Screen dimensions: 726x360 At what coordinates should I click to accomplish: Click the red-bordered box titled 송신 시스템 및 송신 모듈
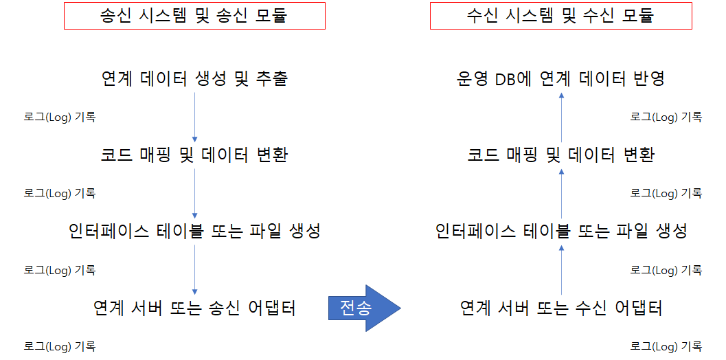[x=194, y=16]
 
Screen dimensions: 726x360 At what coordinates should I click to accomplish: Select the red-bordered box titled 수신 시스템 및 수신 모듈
[x=560, y=16]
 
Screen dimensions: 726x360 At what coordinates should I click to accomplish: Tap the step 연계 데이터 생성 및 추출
[x=194, y=78]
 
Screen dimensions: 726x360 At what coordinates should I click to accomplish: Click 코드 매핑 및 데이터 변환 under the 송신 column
[x=194, y=155]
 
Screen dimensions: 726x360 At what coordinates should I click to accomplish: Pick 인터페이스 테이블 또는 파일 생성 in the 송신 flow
[x=194, y=232]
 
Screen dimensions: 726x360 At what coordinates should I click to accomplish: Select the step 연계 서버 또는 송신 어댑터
[x=194, y=308]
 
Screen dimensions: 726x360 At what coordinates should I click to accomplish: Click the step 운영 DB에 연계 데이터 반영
[x=560, y=78]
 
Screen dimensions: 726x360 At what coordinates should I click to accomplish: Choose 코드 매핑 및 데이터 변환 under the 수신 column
[x=560, y=155]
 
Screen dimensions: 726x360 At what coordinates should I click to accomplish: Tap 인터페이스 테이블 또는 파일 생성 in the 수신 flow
[x=560, y=232]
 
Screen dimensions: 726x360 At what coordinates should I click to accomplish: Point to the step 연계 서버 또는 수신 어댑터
[x=560, y=308]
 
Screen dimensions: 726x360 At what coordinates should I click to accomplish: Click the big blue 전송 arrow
[x=363, y=307]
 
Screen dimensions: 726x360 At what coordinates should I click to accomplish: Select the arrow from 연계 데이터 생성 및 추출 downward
[x=195, y=117]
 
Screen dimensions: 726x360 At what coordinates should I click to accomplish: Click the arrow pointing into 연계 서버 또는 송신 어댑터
[x=195, y=269]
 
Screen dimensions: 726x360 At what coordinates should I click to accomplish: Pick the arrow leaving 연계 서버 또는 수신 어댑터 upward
[x=561, y=269]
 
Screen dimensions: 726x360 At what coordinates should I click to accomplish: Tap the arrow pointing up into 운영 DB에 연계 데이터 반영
[x=561, y=117]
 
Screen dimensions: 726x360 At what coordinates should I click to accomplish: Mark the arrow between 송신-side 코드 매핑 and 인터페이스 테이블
[x=195, y=193]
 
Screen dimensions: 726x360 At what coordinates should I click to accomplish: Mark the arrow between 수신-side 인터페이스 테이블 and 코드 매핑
[x=561, y=193]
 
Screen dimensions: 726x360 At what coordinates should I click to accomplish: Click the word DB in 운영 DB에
[x=506, y=78]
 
